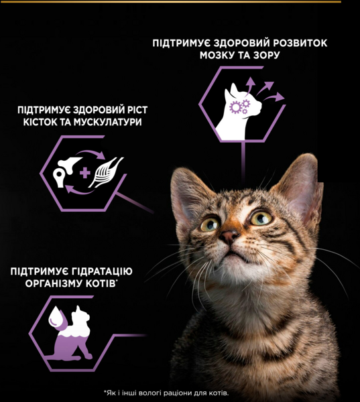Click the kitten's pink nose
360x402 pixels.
(229, 236)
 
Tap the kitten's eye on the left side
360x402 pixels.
(210, 224)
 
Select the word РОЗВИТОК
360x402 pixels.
(300, 43)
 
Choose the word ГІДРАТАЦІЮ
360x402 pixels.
(102, 271)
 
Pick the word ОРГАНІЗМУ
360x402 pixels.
(52, 283)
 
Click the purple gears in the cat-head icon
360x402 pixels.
(239, 107)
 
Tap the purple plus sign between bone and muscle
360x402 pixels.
(85, 173)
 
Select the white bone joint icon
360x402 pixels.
(66, 172)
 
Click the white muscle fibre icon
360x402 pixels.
(106, 172)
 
